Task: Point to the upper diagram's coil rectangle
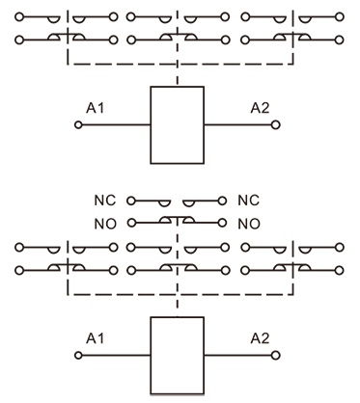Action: (177, 124)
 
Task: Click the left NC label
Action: (107, 204)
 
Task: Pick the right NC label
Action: (249, 204)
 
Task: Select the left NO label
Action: (107, 223)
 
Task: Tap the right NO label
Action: (249, 223)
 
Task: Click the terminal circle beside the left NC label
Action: (129, 204)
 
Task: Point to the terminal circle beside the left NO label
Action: (129, 223)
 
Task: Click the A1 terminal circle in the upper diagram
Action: (80, 125)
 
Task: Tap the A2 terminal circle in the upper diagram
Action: (274, 125)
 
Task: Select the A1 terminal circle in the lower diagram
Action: (80, 356)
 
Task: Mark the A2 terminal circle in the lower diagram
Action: (274, 356)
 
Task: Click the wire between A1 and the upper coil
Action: (116, 125)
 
